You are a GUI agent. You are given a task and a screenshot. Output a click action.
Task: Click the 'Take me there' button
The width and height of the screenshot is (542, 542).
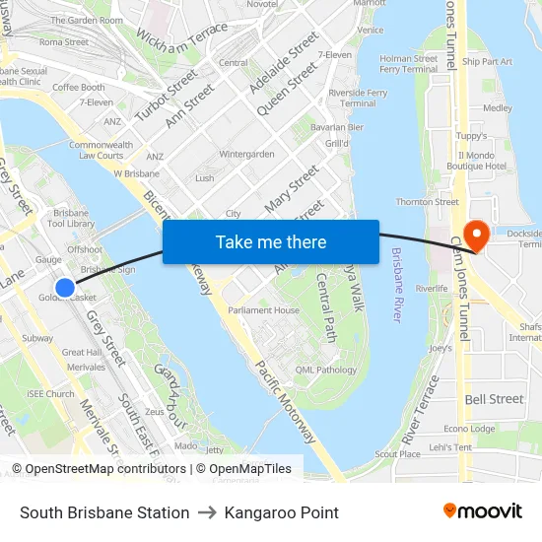click(271, 241)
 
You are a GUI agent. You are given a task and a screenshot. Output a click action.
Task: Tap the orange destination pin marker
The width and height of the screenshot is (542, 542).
click(476, 235)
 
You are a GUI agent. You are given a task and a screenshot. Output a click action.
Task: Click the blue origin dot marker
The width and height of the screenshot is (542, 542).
click(65, 287)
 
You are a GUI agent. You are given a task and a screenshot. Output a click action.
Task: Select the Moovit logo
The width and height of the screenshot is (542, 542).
click(483, 511)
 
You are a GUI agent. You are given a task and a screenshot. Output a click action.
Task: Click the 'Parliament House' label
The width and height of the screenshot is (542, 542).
click(263, 310)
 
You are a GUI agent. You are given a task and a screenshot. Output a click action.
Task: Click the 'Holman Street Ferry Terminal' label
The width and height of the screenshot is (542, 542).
click(409, 64)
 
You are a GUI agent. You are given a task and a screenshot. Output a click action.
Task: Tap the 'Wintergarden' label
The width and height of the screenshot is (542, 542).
click(246, 155)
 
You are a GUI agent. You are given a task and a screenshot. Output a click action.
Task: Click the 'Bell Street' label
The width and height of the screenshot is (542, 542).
click(494, 399)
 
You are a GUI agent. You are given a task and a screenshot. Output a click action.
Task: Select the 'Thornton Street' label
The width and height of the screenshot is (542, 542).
click(427, 202)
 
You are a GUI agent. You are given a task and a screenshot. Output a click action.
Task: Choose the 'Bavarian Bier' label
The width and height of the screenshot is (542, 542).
click(336, 127)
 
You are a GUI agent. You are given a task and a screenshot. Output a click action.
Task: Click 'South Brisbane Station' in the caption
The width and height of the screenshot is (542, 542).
click(104, 512)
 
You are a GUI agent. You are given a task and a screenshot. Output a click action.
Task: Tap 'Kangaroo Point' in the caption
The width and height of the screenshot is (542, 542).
click(281, 512)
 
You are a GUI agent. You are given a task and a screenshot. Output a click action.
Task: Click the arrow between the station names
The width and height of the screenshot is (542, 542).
click(207, 512)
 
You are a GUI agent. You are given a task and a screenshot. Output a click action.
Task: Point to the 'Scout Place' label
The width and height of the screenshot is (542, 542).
click(397, 453)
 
